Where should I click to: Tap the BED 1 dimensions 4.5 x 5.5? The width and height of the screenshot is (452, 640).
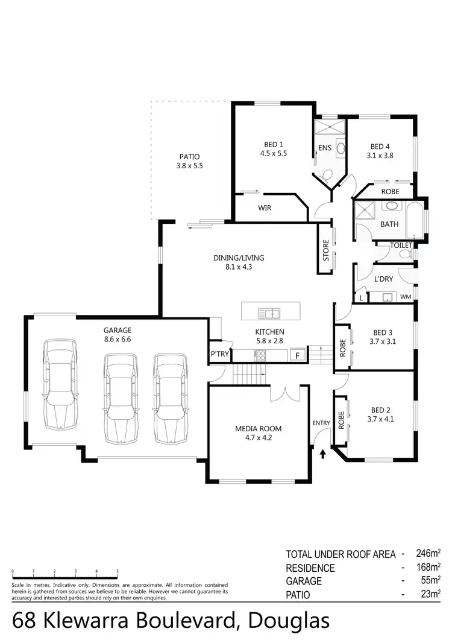click(273, 153)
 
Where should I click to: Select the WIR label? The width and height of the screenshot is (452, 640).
click(265, 208)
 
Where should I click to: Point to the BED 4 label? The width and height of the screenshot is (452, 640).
click(380, 146)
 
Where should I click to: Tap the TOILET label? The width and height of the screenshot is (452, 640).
click(401, 246)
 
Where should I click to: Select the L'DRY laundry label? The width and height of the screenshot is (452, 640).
click(383, 279)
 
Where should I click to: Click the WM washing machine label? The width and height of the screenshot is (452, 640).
click(406, 297)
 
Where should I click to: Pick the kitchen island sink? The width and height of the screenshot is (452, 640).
click(269, 312)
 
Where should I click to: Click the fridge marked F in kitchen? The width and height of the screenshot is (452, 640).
click(297, 355)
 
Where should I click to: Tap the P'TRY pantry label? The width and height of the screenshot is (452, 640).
click(219, 354)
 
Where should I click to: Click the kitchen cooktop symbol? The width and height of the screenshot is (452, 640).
click(260, 355)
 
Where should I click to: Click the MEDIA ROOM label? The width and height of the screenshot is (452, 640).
click(258, 429)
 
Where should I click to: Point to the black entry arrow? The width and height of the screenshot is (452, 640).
click(323, 453)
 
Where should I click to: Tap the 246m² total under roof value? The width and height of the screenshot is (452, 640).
click(428, 553)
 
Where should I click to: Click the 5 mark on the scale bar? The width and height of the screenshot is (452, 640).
click(118, 571)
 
